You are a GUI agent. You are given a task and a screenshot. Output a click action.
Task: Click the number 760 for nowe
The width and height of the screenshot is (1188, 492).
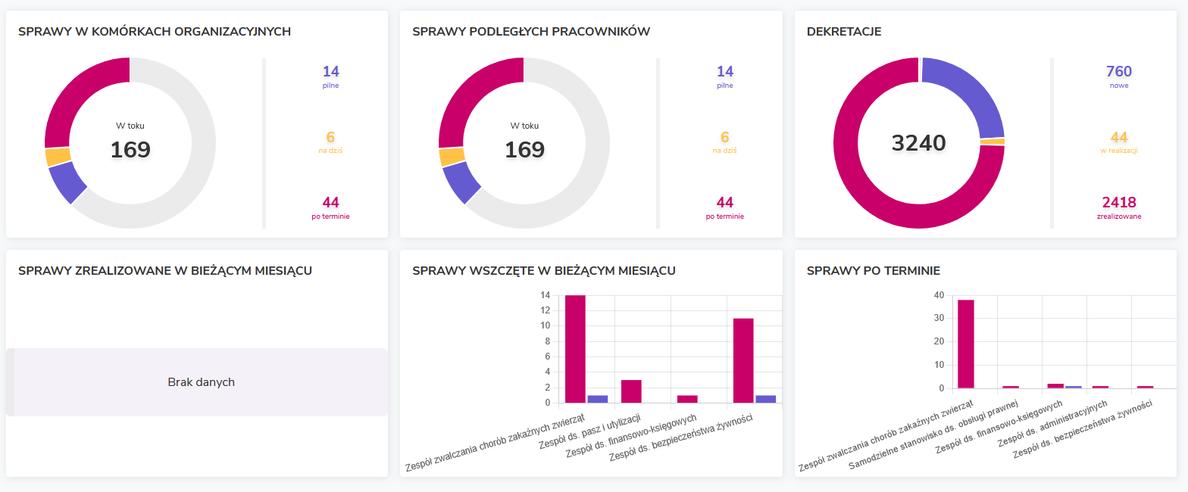pos(1118,72)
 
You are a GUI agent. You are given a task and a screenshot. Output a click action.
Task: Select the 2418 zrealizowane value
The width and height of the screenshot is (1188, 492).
pos(1118,203)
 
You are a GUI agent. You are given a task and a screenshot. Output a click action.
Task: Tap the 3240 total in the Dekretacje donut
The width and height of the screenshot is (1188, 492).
pos(918,143)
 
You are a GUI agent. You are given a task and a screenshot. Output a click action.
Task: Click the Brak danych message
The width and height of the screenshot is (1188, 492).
pos(201,382)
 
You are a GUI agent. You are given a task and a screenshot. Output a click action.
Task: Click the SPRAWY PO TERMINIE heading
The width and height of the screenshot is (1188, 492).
pos(873,271)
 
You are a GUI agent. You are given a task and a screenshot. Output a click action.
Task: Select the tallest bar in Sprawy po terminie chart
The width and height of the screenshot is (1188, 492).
pos(965,344)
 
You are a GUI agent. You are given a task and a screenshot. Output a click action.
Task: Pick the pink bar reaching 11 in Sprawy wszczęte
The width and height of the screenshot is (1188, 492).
pos(743,360)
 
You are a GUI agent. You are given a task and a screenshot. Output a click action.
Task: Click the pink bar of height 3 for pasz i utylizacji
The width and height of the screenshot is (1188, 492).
pos(631,391)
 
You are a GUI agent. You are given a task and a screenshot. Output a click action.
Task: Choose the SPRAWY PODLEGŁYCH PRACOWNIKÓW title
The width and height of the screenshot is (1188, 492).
pos(531,32)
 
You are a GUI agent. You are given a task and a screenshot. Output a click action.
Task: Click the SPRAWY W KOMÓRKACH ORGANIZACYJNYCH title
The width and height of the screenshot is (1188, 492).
pos(155,32)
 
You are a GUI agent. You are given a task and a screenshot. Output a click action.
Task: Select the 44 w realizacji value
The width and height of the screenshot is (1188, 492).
pos(1118,138)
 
